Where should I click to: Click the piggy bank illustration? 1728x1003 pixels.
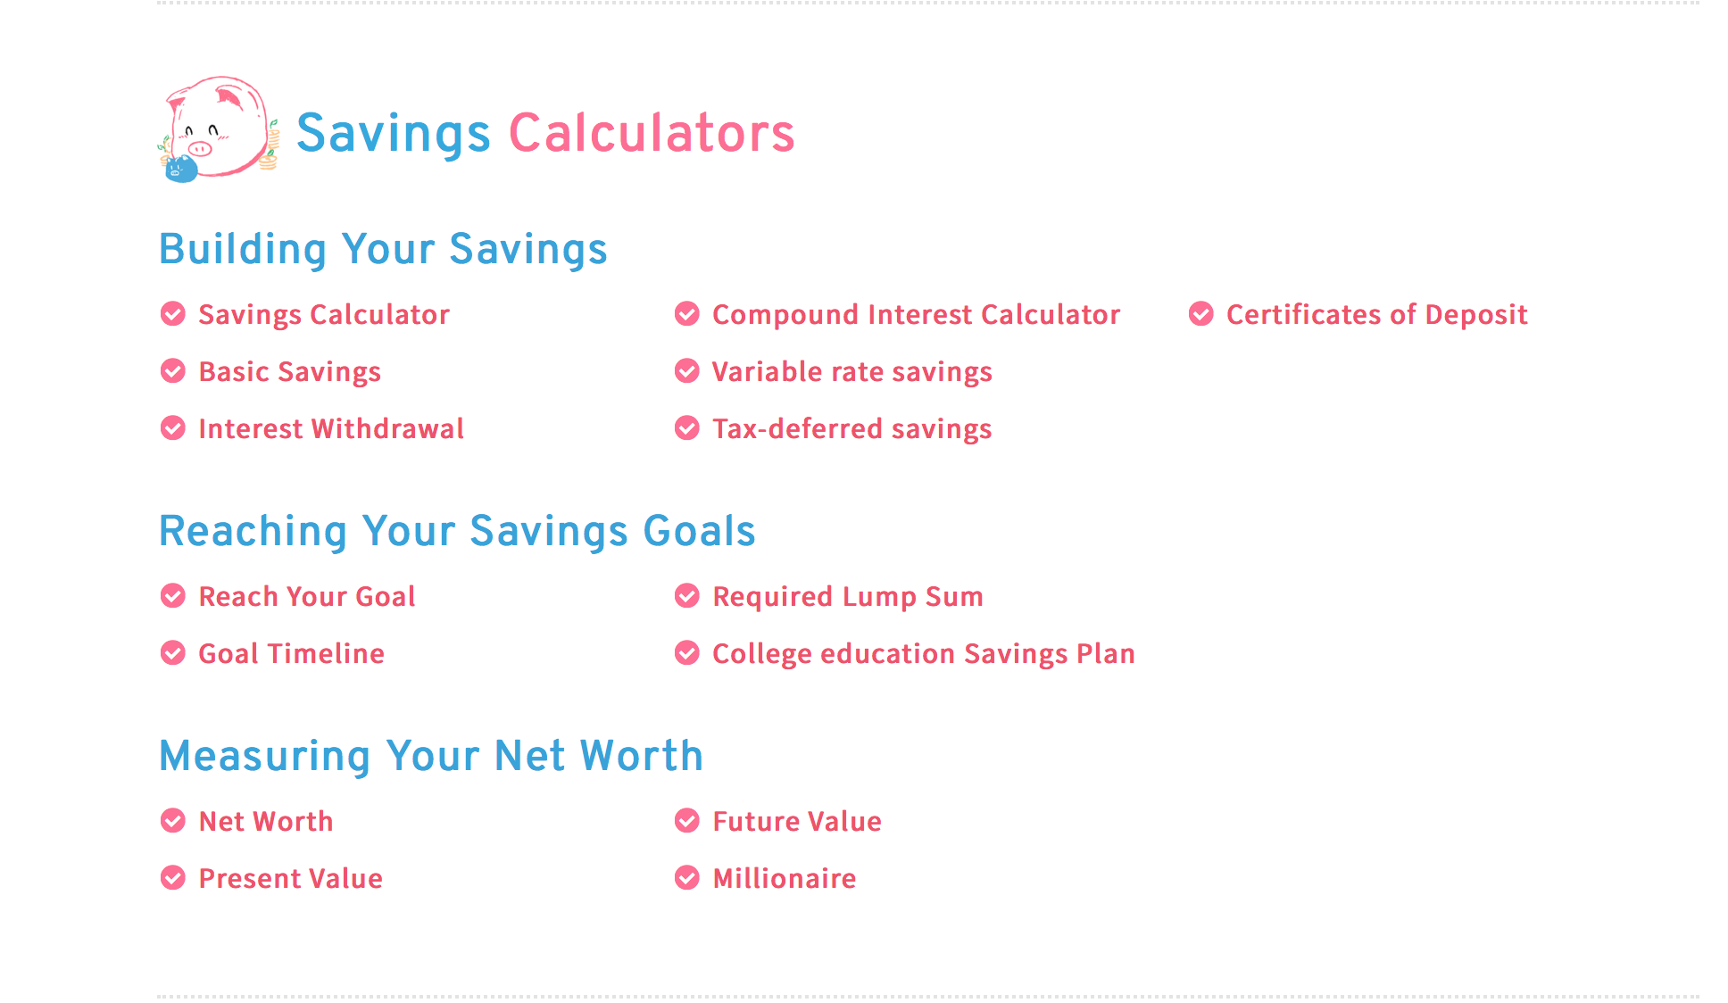pyautogui.click(x=219, y=129)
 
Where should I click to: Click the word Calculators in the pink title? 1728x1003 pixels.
pyautogui.click(x=652, y=133)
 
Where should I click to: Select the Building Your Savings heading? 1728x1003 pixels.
pyautogui.click(x=383, y=249)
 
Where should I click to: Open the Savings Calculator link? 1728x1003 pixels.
pyautogui.click(x=324, y=315)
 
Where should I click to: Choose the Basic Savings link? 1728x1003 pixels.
pyautogui.click(x=290, y=372)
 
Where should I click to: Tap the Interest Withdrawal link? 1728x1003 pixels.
pyautogui.click(x=331, y=429)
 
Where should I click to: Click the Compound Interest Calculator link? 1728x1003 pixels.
pyautogui.click(x=916, y=315)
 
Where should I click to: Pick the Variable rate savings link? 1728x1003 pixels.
pyautogui.click(x=852, y=372)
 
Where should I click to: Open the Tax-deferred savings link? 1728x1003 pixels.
pyautogui.click(x=852, y=429)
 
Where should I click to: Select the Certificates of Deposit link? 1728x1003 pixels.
pyautogui.click(x=1377, y=315)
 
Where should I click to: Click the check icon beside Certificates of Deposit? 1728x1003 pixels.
pyautogui.click(x=1201, y=314)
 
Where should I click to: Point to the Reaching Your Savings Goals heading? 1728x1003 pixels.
pyautogui.click(x=457, y=531)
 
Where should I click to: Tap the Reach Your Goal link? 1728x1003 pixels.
pyautogui.click(x=307, y=597)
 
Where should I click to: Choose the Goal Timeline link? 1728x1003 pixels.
pyautogui.click(x=292, y=654)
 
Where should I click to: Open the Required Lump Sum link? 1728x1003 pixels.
pyautogui.click(x=848, y=597)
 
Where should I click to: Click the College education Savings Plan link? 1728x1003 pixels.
pyautogui.click(x=924, y=654)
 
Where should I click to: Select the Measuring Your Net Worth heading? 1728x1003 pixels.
pyautogui.click(x=431, y=756)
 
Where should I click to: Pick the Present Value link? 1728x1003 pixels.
pyautogui.click(x=291, y=879)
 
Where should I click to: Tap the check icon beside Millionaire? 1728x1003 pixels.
pyautogui.click(x=687, y=878)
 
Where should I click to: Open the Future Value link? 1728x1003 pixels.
pyautogui.click(x=797, y=822)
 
